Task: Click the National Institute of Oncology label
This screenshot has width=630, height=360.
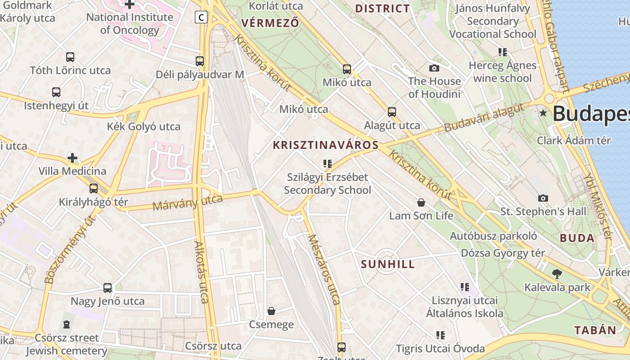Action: [x=130, y=24]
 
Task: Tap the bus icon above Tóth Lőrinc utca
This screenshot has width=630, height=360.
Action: [x=70, y=57]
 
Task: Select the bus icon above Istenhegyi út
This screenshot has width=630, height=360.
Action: [x=56, y=92]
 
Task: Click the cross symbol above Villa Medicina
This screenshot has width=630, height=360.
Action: [x=72, y=158]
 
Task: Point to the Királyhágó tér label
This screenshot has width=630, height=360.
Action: [x=94, y=202]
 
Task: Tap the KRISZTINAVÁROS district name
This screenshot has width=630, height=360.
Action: [x=326, y=145]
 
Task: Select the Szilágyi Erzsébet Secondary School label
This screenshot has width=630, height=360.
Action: [x=328, y=184]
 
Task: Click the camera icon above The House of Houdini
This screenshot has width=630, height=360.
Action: [x=434, y=68]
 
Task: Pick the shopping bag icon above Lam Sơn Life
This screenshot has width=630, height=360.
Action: [x=421, y=202]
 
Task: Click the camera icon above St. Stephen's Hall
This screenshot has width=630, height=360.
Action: [x=543, y=198]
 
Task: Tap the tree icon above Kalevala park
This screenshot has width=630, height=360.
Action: [x=557, y=274]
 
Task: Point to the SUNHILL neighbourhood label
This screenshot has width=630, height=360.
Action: [x=388, y=264]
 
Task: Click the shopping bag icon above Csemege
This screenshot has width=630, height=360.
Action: [x=271, y=311]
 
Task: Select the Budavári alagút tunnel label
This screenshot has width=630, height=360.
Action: [x=484, y=117]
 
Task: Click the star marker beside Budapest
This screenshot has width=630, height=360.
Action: [x=544, y=113]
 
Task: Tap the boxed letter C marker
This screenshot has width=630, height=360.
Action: [x=201, y=18]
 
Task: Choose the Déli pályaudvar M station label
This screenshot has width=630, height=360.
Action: [x=200, y=75]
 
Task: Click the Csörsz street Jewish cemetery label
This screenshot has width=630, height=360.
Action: [x=67, y=344]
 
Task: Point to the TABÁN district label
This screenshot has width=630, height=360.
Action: [x=595, y=330]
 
